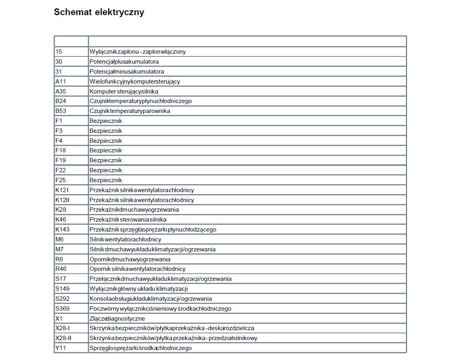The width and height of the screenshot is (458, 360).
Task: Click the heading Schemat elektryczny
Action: pyautogui.click(x=99, y=12)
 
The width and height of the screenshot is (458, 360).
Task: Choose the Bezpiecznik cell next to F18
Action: pyautogui.click(x=106, y=150)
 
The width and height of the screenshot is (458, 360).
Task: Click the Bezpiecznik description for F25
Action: pyautogui.click(x=106, y=180)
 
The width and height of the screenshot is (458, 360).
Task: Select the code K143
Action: pyautogui.click(x=62, y=230)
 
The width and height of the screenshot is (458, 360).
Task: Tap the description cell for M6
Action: pyautogui.click(x=125, y=239)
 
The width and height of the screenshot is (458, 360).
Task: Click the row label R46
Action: pyautogui.click(x=61, y=269)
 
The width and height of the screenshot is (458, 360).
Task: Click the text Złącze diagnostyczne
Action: pyautogui.click(x=117, y=319)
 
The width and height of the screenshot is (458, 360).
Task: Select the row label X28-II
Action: pyautogui.click(x=64, y=338)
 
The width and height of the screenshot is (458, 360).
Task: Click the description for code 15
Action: pyautogui.click(x=138, y=52)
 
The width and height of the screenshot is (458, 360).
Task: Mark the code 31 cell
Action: pyautogui.click(x=59, y=72)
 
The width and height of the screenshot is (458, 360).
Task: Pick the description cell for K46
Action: pyautogui.click(x=128, y=220)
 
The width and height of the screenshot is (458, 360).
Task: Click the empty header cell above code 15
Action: pyautogui.click(x=71, y=41)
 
